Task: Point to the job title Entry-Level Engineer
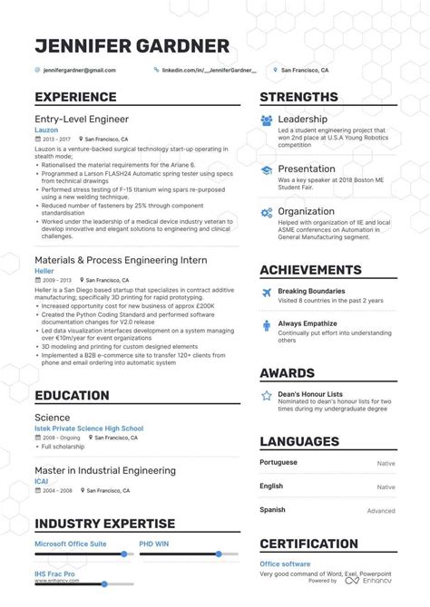[x=81, y=119]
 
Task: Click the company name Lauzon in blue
[x=45, y=130]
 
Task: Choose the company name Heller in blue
[x=44, y=271]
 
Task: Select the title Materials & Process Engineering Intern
[x=121, y=260]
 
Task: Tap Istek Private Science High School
[x=89, y=429]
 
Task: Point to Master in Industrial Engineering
[x=105, y=470]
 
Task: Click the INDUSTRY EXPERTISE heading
[x=104, y=524]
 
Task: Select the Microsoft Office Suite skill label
[x=70, y=544]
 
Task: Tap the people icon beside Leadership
[x=267, y=120]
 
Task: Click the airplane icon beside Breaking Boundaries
[x=267, y=293]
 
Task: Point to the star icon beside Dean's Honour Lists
[x=267, y=395]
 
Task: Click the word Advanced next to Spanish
[x=381, y=510]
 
